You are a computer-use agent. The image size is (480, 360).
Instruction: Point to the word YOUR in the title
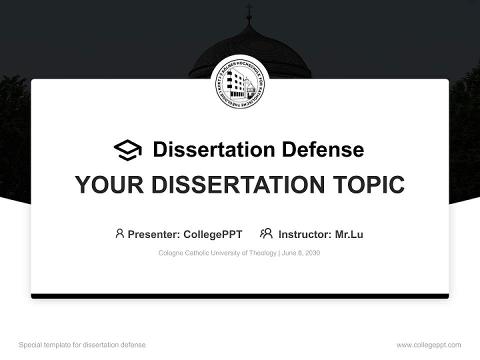[x=109, y=184]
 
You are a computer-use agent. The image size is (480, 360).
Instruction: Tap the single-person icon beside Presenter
[x=119, y=233]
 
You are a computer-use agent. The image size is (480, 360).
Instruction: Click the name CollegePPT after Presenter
[x=213, y=234]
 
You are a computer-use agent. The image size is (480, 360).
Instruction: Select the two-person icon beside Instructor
[x=266, y=233]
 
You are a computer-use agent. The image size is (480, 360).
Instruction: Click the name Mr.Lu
[x=349, y=234]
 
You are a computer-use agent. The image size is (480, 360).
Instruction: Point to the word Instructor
[x=304, y=234]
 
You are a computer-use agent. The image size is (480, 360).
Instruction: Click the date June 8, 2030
[x=301, y=253]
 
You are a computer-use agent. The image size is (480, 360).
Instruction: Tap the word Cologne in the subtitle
[x=170, y=253]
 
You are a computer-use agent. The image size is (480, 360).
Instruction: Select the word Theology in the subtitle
[x=262, y=253]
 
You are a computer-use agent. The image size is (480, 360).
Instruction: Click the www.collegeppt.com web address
[x=428, y=345]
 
